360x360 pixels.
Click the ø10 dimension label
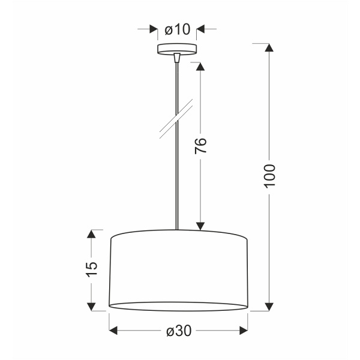(x=177, y=29)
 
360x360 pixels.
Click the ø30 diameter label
(x=178, y=331)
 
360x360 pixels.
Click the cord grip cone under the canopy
(x=176, y=59)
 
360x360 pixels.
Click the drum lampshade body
(x=178, y=270)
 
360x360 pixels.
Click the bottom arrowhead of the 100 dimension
(x=269, y=305)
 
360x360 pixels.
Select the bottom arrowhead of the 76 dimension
(x=200, y=224)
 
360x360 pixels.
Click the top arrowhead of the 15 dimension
(x=92, y=234)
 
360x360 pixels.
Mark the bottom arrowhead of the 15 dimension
(x=92, y=306)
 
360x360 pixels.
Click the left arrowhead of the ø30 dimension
(x=114, y=331)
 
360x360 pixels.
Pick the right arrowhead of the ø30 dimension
(x=243, y=331)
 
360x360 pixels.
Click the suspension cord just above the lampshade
(x=176, y=216)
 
